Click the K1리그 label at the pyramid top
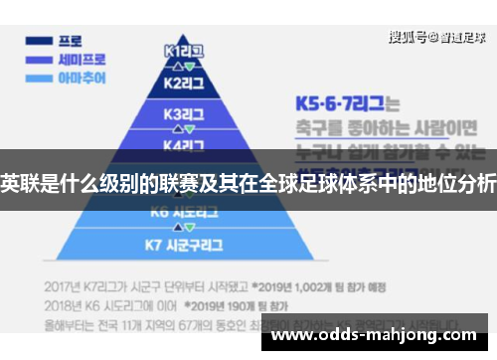click(x=185, y=49)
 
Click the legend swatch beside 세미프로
click(x=40, y=60)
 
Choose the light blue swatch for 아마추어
click(x=40, y=77)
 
